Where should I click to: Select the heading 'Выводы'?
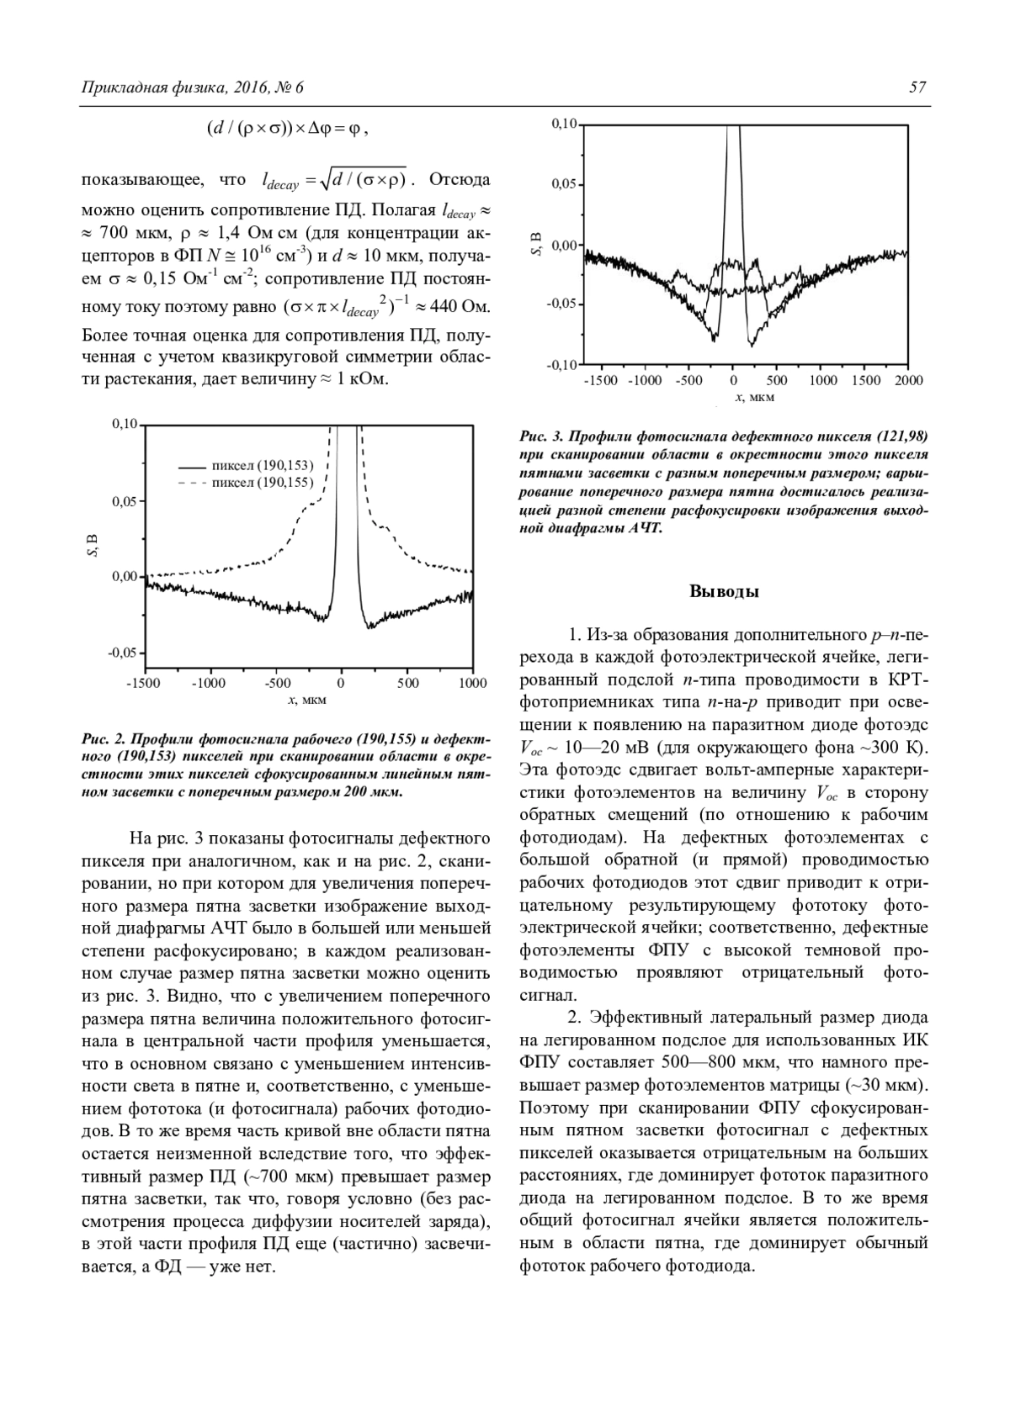[x=724, y=591]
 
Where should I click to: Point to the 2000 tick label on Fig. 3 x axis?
[x=907, y=380]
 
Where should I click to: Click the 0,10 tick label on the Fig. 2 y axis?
[x=125, y=424]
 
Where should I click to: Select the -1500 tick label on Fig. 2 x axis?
[x=142, y=683]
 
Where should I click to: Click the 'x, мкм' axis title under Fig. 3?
[x=742, y=396]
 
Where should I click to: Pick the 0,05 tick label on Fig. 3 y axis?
[x=562, y=184]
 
